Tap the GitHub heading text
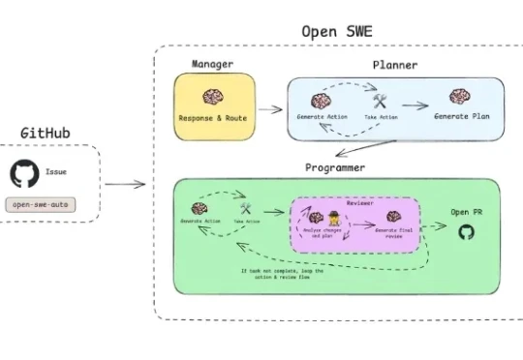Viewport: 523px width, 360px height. point(46,132)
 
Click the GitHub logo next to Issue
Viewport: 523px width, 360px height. point(23,174)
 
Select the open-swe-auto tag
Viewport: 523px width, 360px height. point(40,205)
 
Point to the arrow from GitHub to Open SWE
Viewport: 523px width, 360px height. point(124,183)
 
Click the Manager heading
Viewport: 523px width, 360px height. point(212,65)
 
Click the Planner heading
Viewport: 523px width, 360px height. point(394,65)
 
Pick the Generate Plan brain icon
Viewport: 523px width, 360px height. point(459,97)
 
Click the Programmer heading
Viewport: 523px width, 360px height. point(335,167)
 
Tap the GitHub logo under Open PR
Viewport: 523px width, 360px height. point(465,232)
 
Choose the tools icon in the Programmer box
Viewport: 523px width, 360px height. point(246,207)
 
